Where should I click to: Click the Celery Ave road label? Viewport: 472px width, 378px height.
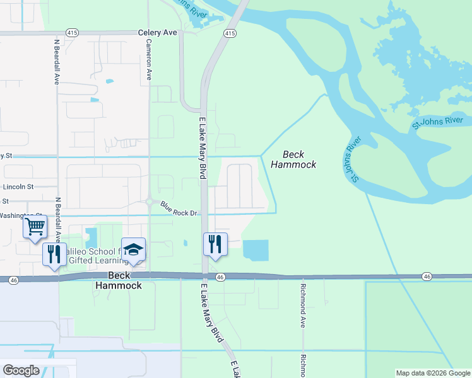click(158, 32)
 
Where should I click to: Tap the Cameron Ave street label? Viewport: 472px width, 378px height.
click(149, 59)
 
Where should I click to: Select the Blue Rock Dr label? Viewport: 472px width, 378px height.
click(179, 209)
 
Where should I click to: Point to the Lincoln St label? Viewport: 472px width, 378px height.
click(18, 187)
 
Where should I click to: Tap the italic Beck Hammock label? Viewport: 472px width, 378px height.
click(293, 159)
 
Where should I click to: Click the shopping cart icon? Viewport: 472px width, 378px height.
click(35, 226)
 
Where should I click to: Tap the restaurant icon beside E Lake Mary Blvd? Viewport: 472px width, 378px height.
click(215, 243)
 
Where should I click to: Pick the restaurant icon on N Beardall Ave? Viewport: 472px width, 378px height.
click(54, 254)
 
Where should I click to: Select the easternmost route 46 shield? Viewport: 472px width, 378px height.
click(427, 276)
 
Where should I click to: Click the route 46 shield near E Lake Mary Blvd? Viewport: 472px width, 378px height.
click(220, 277)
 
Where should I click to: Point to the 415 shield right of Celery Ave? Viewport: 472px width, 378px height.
click(230, 33)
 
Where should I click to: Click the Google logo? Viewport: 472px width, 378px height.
click(21, 370)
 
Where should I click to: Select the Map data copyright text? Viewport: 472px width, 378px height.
click(433, 373)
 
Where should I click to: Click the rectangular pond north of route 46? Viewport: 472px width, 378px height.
click(256, 251)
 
